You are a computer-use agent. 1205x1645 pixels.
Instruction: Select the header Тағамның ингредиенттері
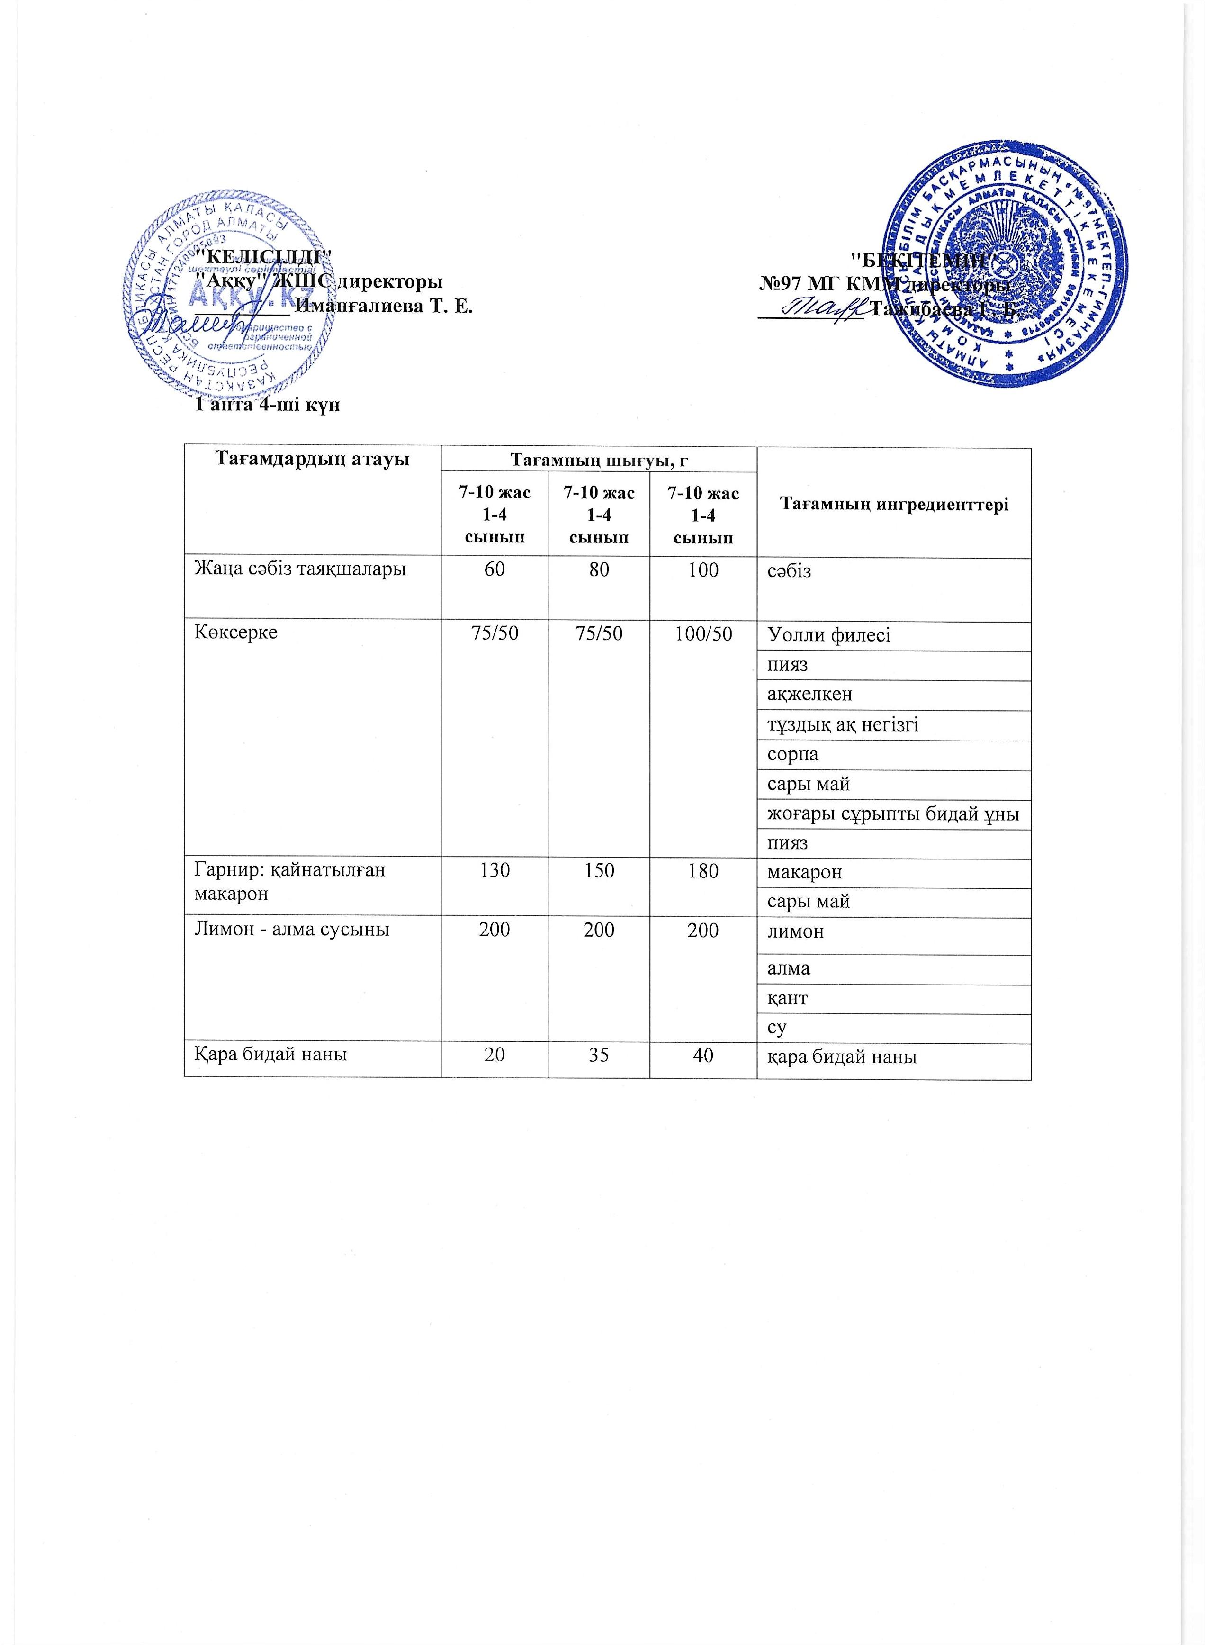click(894, 503)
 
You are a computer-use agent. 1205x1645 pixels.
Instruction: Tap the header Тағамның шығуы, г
click(599, 461)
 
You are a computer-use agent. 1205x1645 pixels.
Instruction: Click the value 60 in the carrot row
click(495, 569)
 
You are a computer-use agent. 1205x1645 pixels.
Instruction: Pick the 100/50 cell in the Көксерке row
click(703, 633)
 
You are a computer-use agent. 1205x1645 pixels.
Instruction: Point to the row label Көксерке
click(235, 633)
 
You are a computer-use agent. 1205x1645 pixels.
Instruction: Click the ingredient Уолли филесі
click(828, 635)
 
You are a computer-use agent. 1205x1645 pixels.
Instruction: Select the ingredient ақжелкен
click(809, 695)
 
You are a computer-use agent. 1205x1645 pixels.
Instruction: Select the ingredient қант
click(787, 999)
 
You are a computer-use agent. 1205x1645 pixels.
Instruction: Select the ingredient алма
click(789, 969)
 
